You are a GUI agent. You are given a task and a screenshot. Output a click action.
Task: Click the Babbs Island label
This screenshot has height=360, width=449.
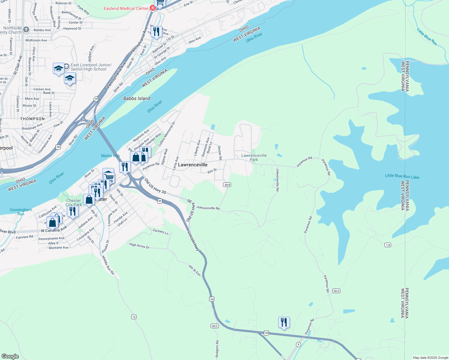click(137, 98)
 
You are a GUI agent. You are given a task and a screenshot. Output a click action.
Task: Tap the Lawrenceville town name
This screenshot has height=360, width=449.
click(193, 165)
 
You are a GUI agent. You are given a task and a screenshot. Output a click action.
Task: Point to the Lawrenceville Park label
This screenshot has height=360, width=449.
click(254, 157)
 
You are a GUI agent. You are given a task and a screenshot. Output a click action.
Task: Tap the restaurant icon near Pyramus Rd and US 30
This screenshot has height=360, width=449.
click(284, 322)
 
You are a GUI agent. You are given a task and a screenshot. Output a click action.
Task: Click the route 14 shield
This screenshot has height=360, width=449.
click(134, 317)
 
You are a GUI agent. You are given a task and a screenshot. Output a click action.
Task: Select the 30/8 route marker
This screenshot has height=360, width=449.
click(227, 184)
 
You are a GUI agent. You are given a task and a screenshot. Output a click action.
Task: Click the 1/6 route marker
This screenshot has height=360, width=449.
click(388, 245)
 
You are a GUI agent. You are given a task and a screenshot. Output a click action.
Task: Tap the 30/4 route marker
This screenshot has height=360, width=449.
click(336, 291)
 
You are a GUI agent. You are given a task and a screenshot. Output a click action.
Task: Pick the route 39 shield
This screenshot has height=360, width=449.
click(96, 99)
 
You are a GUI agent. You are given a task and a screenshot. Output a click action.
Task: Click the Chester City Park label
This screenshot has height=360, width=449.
click(74, 202)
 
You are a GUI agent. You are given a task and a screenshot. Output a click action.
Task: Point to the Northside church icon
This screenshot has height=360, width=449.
click(26, 29)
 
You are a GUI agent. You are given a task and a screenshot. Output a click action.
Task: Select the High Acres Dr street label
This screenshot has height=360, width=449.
click(139, 246)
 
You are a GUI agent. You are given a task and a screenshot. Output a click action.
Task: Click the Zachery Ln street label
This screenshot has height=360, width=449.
click(161, 231)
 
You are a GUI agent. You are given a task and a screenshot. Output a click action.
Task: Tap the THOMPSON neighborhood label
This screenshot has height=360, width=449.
click(32, 119)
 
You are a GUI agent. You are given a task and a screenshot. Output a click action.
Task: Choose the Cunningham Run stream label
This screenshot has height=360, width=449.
click(21, 212)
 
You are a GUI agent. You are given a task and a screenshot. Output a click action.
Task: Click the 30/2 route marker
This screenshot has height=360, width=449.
click(215, 326)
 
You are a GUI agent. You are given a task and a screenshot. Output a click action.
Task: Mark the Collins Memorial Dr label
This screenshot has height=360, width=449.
click(167, 134)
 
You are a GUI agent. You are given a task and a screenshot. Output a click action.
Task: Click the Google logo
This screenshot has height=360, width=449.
click(10, 356)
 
